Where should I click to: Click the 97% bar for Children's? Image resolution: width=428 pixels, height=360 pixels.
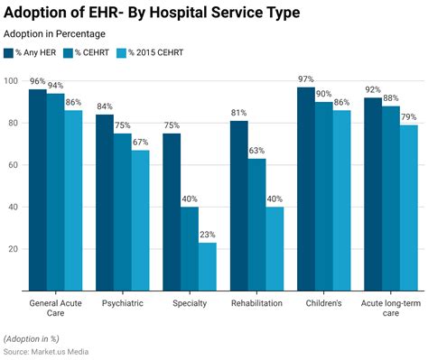[x=306, y=189]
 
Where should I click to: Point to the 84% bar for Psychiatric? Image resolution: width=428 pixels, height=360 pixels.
[x=105, y=202]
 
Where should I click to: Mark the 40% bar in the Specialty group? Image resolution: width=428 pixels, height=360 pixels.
[x=190, y=249]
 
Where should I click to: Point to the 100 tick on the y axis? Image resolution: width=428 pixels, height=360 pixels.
[x=11, y=81]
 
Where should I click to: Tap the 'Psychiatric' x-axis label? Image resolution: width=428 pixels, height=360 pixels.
[x=123, y=304]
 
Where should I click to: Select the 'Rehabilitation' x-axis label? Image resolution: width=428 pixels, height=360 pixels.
[x=257, y=304]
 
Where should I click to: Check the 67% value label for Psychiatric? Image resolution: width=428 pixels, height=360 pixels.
[x=142, y=143]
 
